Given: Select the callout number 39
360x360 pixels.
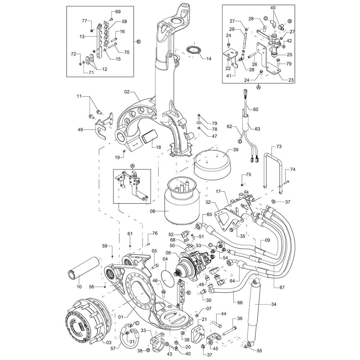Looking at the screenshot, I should click(235, 150).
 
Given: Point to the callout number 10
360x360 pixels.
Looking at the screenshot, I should click(79, 287).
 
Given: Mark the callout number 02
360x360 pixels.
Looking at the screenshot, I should click(127, 93).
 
